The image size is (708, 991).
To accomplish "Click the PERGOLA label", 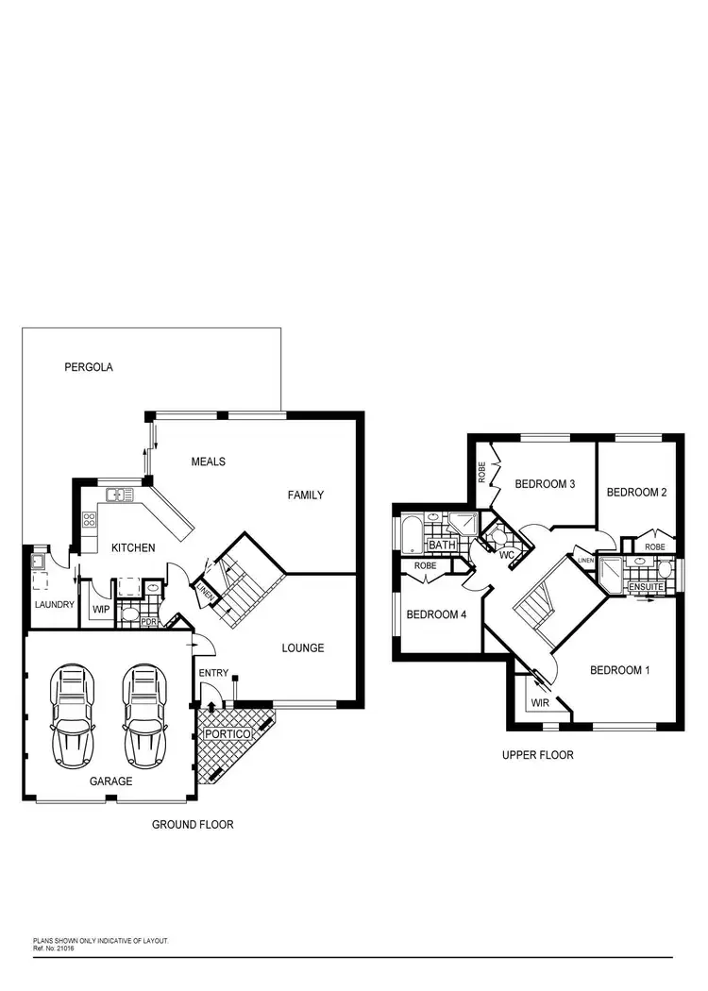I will point(89,367).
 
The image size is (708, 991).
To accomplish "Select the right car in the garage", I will point(143,715).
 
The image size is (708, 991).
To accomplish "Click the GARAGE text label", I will point(111,781).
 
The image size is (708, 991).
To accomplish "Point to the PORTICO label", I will point(228,733).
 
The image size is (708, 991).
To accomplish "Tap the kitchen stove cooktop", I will point(91,518).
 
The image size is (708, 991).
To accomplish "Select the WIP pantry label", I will point(102,611).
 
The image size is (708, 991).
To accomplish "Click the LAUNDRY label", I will point(54,604).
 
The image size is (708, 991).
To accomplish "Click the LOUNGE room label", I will point(303,648).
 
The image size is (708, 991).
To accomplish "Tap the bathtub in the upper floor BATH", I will point(413,534).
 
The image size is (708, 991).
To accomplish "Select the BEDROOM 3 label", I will point(545,484).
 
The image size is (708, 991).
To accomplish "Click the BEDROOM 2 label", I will point(636,492).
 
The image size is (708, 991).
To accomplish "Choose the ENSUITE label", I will point(647,588).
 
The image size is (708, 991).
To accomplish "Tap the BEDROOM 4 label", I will point(436,614).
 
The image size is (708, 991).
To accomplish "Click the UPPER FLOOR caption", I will point(538,755).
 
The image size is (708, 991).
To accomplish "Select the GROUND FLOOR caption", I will point(193,824).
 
